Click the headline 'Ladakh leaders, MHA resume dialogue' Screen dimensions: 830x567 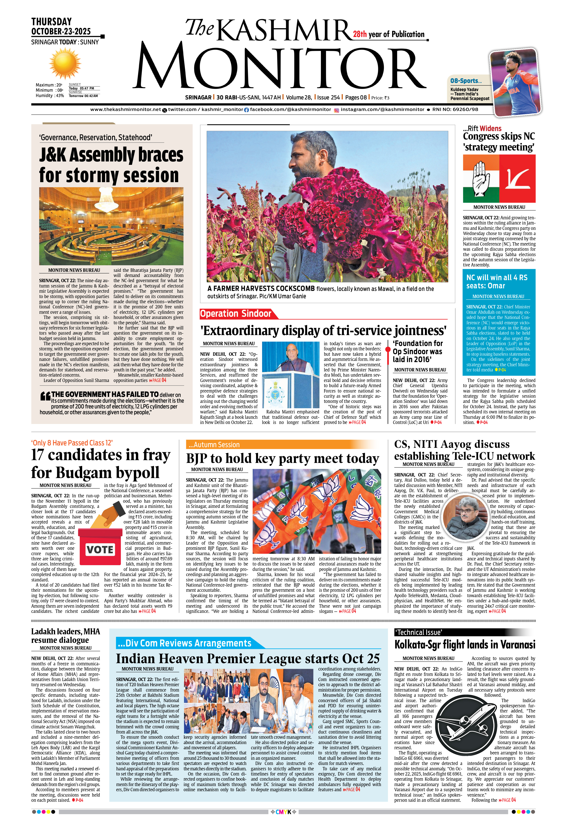click(x=65, y=636)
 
